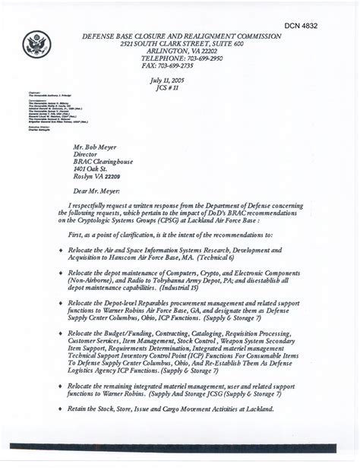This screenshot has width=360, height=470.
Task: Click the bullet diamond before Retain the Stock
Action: [x=59, y=409]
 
